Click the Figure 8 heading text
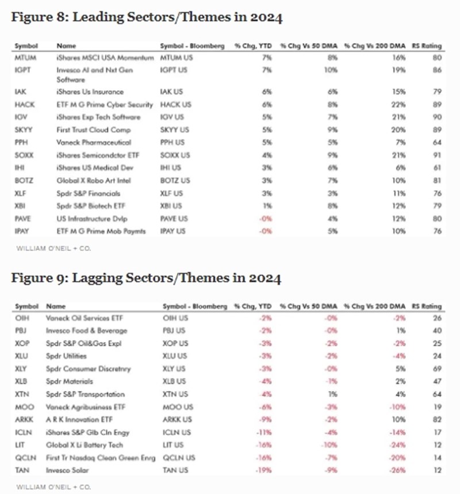[147, 18]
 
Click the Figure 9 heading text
[147, 279]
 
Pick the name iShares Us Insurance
[90, 92]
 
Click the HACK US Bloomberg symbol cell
[176, 104]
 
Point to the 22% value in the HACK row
[396, 104]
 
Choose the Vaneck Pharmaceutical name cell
[94, 142]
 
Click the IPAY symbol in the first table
[24, 231]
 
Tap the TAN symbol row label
[22, 470]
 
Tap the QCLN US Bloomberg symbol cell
[179, 457]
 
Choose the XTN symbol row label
[22, 394]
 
